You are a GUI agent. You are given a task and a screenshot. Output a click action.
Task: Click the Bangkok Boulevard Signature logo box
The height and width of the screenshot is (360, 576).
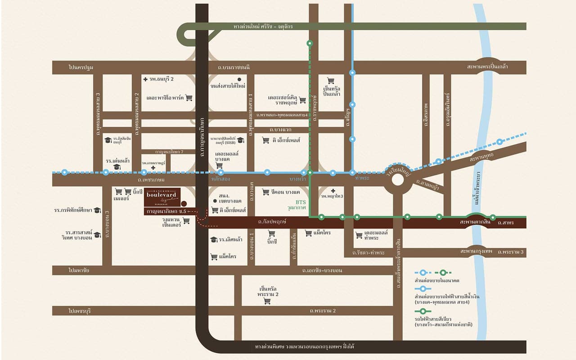click(x=163, y=197)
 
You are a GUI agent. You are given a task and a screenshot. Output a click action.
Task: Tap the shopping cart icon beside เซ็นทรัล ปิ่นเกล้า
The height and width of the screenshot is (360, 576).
click(x=331, y=81)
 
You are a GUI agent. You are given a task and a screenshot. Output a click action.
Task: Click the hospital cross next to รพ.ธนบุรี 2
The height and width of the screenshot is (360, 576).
click(x=145, y=79)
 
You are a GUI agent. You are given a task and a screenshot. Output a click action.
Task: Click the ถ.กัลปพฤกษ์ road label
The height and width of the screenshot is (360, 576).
click(x=272, y=222)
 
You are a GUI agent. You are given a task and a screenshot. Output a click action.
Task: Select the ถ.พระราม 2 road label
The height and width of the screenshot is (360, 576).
click(x=323, y=311)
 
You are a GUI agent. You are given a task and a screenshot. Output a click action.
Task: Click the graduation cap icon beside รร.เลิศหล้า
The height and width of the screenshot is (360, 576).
click(x=214, y=239)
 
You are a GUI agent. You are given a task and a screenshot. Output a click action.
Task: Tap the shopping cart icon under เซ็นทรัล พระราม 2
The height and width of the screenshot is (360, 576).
click(x=267, y=301)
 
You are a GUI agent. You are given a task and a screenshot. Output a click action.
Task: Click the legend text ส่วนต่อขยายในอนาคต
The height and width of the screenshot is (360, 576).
click(x=437, y=280)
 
